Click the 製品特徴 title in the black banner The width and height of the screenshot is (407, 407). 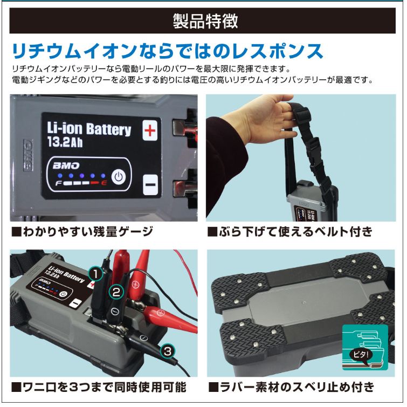[x=205, y=21]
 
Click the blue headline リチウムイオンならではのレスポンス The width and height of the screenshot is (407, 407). [x=168, y=51]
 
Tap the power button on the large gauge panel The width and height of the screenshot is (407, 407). [x=119, y=177]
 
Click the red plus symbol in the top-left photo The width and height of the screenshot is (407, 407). [x=150, y=130]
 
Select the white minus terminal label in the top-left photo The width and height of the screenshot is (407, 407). [x=150, y=185]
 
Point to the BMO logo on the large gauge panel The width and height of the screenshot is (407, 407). [x=66, y=165]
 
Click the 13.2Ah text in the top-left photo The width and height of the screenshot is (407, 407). [x=65, y=142]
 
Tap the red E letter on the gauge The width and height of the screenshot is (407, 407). [x=104, y=183]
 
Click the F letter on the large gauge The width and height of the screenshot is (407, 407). [x=58, y=183]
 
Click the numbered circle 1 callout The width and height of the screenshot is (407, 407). [x=96, y=274]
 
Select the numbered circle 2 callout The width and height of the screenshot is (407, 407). [x=116, y=292]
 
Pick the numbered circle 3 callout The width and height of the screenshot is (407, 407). [x=168, y=351]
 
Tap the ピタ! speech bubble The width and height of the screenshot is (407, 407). [x=361, y=355]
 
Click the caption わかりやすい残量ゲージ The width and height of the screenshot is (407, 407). [x=82, y=232]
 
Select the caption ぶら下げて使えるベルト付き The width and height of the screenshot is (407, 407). [x=290, y=232]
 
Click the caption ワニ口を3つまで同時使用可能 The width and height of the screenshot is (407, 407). [x=99, y=387]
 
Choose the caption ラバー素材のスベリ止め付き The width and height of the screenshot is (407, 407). [x=291, y=387]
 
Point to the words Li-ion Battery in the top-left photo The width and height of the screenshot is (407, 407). [x=89, y=129]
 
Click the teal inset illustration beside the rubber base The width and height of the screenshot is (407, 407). [x=365, y=347]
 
